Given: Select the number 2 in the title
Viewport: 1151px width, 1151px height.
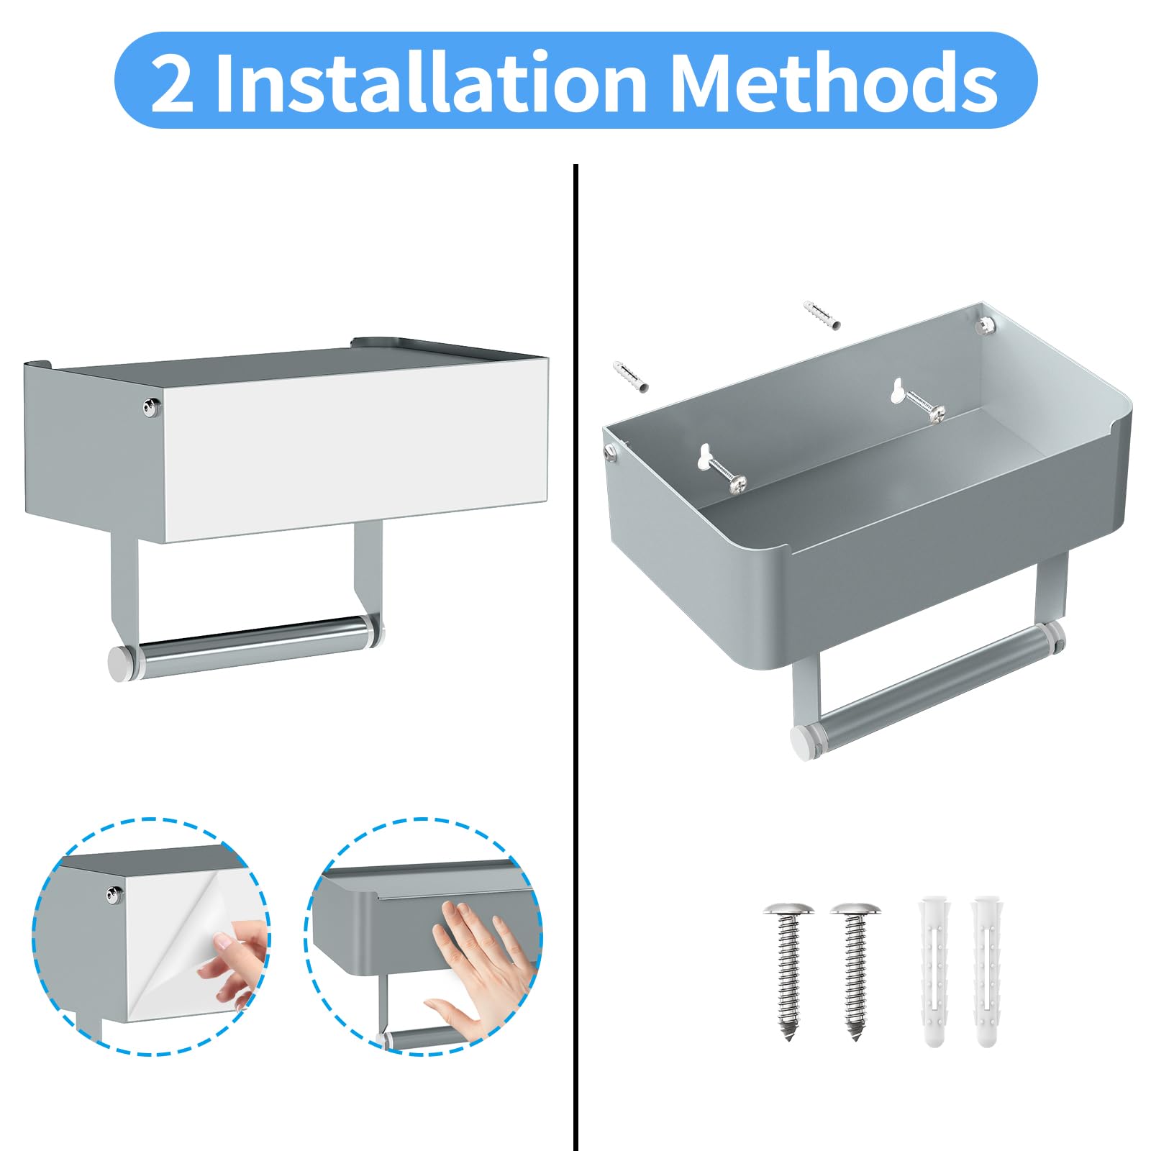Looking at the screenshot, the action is (172, 83).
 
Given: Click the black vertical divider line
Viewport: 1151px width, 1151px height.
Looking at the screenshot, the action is (575, 658).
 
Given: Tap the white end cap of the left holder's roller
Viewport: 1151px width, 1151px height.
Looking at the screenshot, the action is (122, 662).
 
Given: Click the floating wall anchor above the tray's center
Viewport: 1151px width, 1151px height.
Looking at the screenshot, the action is (822, 315).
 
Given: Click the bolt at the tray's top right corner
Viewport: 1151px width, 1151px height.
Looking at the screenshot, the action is (983, 326).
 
